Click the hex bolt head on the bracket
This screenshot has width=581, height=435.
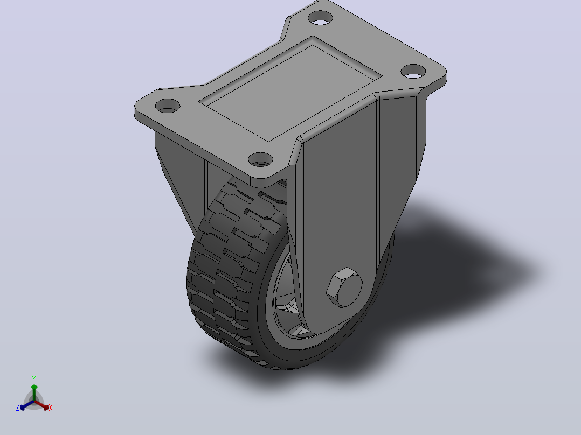coord(344,287)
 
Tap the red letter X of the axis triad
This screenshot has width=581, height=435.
coord(51,408)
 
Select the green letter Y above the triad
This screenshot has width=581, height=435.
coord(34,379)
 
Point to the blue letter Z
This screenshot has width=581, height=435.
coord(18,407)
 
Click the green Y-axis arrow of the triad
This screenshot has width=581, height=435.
coord(34,392)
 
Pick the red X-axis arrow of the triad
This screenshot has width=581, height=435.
coord(41,405)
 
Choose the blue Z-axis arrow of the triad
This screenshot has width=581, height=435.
coord(27,405)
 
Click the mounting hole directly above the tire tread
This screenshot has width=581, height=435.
coord(260,159)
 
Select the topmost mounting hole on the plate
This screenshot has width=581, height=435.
coord(321,18)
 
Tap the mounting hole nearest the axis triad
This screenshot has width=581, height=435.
coord(168,106)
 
